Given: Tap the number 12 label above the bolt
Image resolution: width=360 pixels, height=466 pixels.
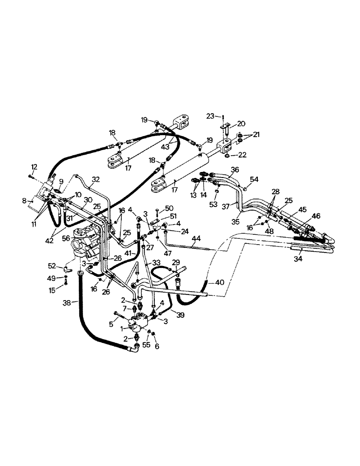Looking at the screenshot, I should point(34,167).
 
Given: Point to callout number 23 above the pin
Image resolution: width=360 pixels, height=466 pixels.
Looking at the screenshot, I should point(211,116).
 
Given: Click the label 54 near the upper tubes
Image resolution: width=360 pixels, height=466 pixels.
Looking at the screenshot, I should point(254,179).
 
